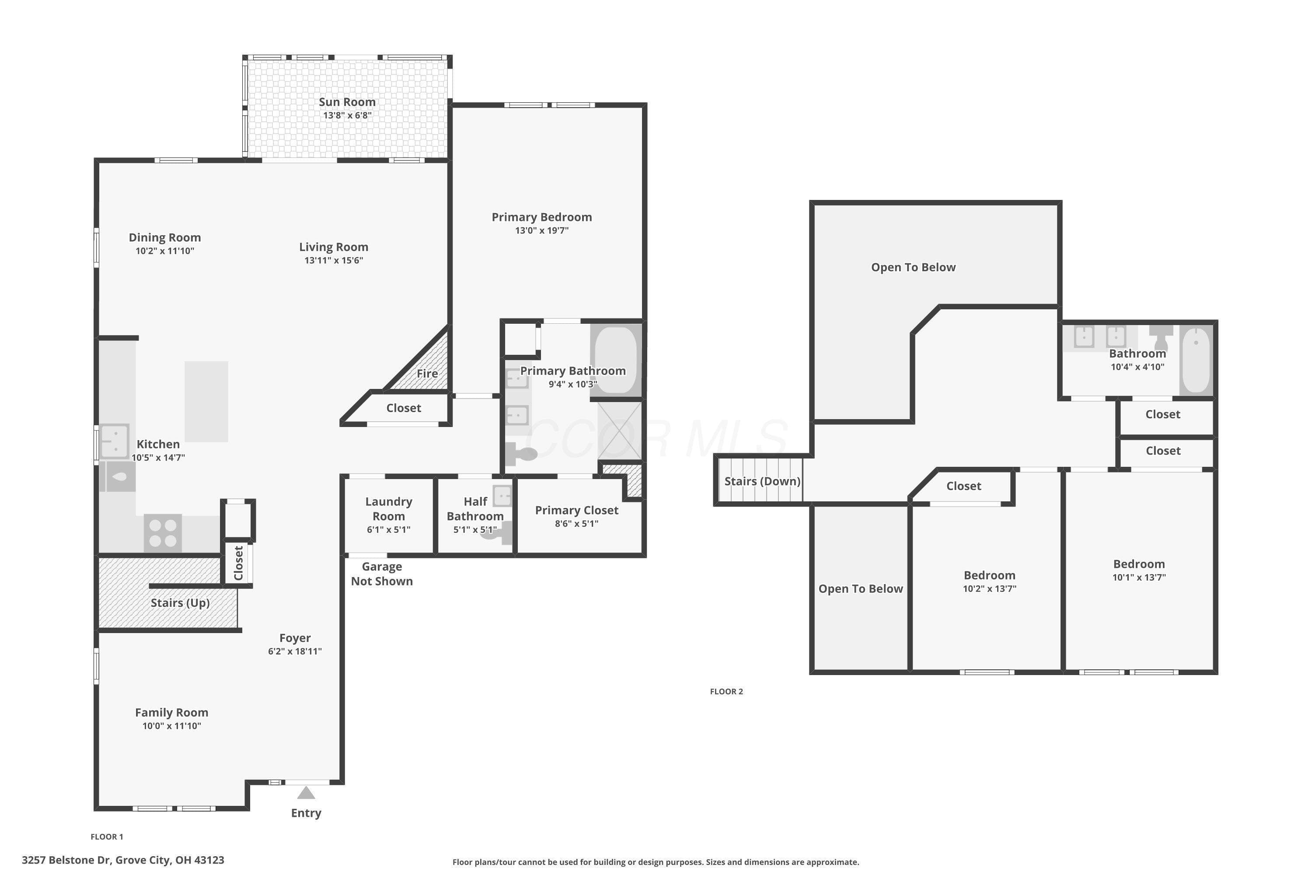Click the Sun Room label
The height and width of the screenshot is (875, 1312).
(x=347, y=102)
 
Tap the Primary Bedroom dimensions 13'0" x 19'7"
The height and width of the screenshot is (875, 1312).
(x=542, y=231)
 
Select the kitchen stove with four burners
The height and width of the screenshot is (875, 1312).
(x=163, y=533)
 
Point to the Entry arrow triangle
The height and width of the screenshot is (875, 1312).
(x=306, y=792)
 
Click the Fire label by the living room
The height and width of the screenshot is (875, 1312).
(x=427, y=373)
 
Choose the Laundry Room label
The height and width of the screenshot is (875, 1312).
(x=389, y=509)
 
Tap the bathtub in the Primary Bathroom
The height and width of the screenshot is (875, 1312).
(x=616, y=360)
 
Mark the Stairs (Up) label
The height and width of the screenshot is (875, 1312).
(x=180, y=603)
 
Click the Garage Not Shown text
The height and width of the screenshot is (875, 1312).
(x=382, y=574)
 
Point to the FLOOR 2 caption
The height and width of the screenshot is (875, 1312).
(x=726, y=691)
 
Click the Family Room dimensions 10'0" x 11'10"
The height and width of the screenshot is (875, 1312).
(x=172, y=726)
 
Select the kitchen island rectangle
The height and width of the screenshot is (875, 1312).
(x=206, y=402)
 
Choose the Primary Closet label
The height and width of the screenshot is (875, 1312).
(x=577, y=511)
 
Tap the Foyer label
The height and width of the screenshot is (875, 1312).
(x=295, y=638)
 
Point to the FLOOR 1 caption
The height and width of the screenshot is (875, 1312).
(x=107, y=836)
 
